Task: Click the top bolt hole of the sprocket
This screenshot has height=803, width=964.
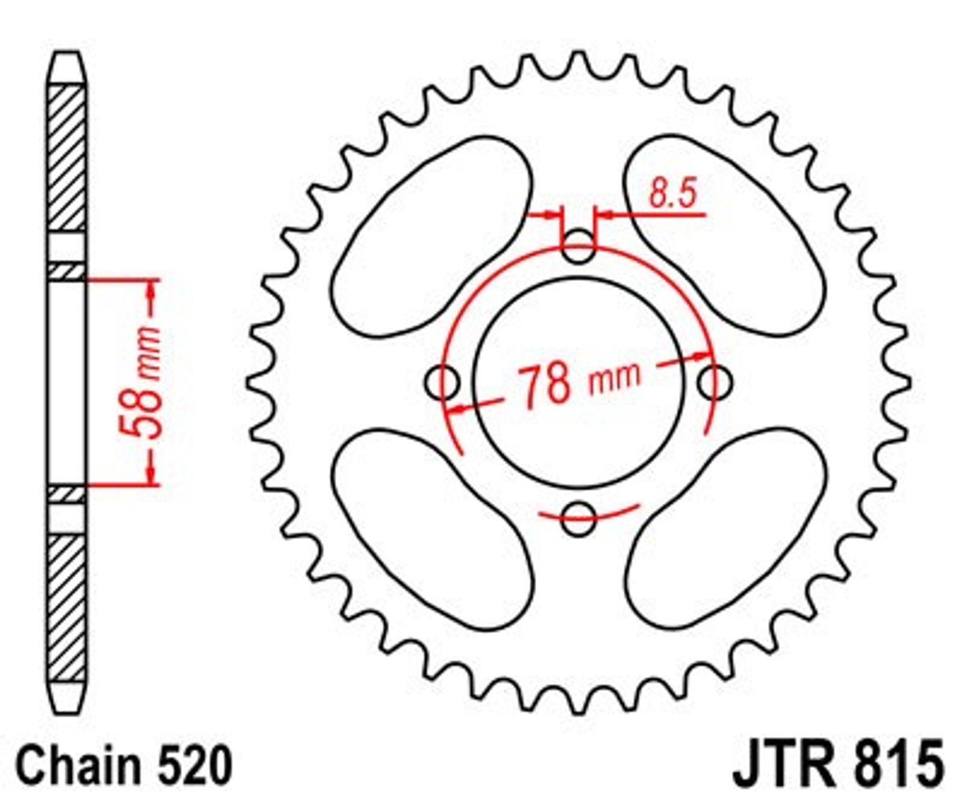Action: pyautogui.click(x=578, y=246)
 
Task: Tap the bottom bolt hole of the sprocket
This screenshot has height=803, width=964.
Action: pyautogui.click(x=578, y=518)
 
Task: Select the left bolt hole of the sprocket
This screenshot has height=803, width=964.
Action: pyautogui.click(x=442, y=382)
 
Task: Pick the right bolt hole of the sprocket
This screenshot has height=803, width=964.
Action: pyautogui.click(x=716, y=382)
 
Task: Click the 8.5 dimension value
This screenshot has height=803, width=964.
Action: pyautogui.click(x=673, y=194)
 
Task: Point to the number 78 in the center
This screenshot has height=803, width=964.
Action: pyautogui.click(x=545, y=384)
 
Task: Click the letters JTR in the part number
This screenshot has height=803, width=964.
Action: pyautogui.click(x=786, y=764)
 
